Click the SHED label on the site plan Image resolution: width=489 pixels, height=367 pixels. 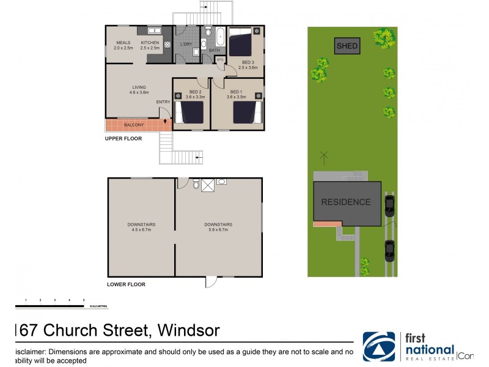click(347, 46)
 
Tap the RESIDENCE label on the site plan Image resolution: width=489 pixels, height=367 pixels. click(346, 202)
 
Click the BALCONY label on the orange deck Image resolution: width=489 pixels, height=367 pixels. click(134, 125)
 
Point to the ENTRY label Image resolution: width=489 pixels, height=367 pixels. click(163, 102)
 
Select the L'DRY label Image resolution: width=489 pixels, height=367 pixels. click(186, 43)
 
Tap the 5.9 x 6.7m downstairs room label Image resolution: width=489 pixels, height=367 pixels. click(218, 227)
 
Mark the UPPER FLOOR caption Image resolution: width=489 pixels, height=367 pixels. click(123, 139)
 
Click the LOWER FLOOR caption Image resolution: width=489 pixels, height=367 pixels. click(126, 284)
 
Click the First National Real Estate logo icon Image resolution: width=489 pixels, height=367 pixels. click(379, 347)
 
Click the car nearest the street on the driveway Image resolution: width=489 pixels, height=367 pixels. click(389, 250)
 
